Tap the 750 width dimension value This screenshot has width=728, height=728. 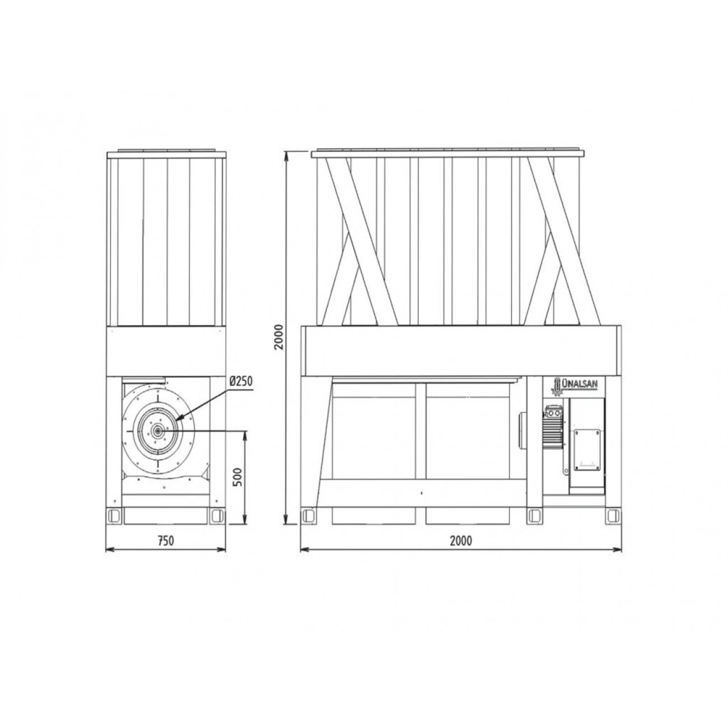(165, 540)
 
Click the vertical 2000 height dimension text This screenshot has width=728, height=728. (279, 337)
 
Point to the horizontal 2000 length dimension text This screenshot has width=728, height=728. (461, 540)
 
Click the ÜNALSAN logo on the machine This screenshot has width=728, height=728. (573, 384)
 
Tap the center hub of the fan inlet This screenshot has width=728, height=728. (157, 430)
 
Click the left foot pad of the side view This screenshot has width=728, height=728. (114, 516)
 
